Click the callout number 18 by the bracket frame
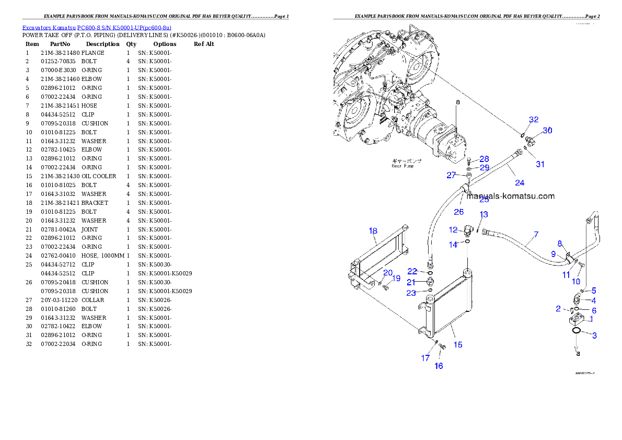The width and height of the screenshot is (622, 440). [373, 231]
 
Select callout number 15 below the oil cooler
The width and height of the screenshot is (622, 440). [457, 345]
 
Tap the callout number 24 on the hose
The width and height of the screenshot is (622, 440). [519, 183]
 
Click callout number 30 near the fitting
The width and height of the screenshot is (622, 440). [547, 131]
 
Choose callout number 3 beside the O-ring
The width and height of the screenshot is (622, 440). [594, 335]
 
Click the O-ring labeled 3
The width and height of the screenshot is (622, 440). [576, 330]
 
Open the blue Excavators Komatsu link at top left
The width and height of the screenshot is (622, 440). [97, 28]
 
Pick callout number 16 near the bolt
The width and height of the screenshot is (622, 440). [439, 366]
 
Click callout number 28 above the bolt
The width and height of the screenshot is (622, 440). [484, 159]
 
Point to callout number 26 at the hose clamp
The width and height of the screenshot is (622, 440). [458, 212]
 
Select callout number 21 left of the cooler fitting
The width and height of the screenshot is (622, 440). [411, 282]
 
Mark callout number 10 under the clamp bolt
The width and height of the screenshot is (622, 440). [576, 281]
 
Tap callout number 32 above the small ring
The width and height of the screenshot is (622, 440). [533, 120]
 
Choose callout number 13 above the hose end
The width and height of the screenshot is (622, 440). [484, 214]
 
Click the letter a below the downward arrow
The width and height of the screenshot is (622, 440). [578, 354]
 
